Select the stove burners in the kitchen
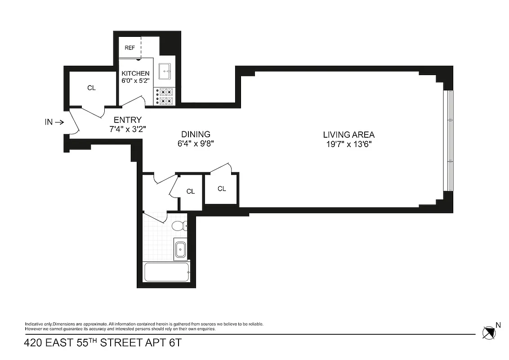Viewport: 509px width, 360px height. [x=165, y=97]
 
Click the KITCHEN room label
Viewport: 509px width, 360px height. [x=135, y=73]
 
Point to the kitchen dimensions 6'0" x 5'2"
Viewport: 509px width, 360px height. [x=135, y=81]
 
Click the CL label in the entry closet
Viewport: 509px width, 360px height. [x=91, y=88]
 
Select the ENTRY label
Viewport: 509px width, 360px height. [x=127, y=120]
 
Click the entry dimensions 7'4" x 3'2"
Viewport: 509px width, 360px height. [x=127, y=129]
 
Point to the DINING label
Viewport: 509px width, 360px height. [x=196, y=134]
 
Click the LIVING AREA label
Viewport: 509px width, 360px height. [x=348, y=135]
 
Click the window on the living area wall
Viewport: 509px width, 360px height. [x=448, y=140]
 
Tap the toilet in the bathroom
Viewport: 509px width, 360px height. [x=179, y=225]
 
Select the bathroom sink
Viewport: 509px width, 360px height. [x=180, y=249]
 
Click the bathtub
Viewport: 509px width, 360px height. [x=166, y=272]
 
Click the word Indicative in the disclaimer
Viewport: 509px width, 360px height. [x=34, y=324]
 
